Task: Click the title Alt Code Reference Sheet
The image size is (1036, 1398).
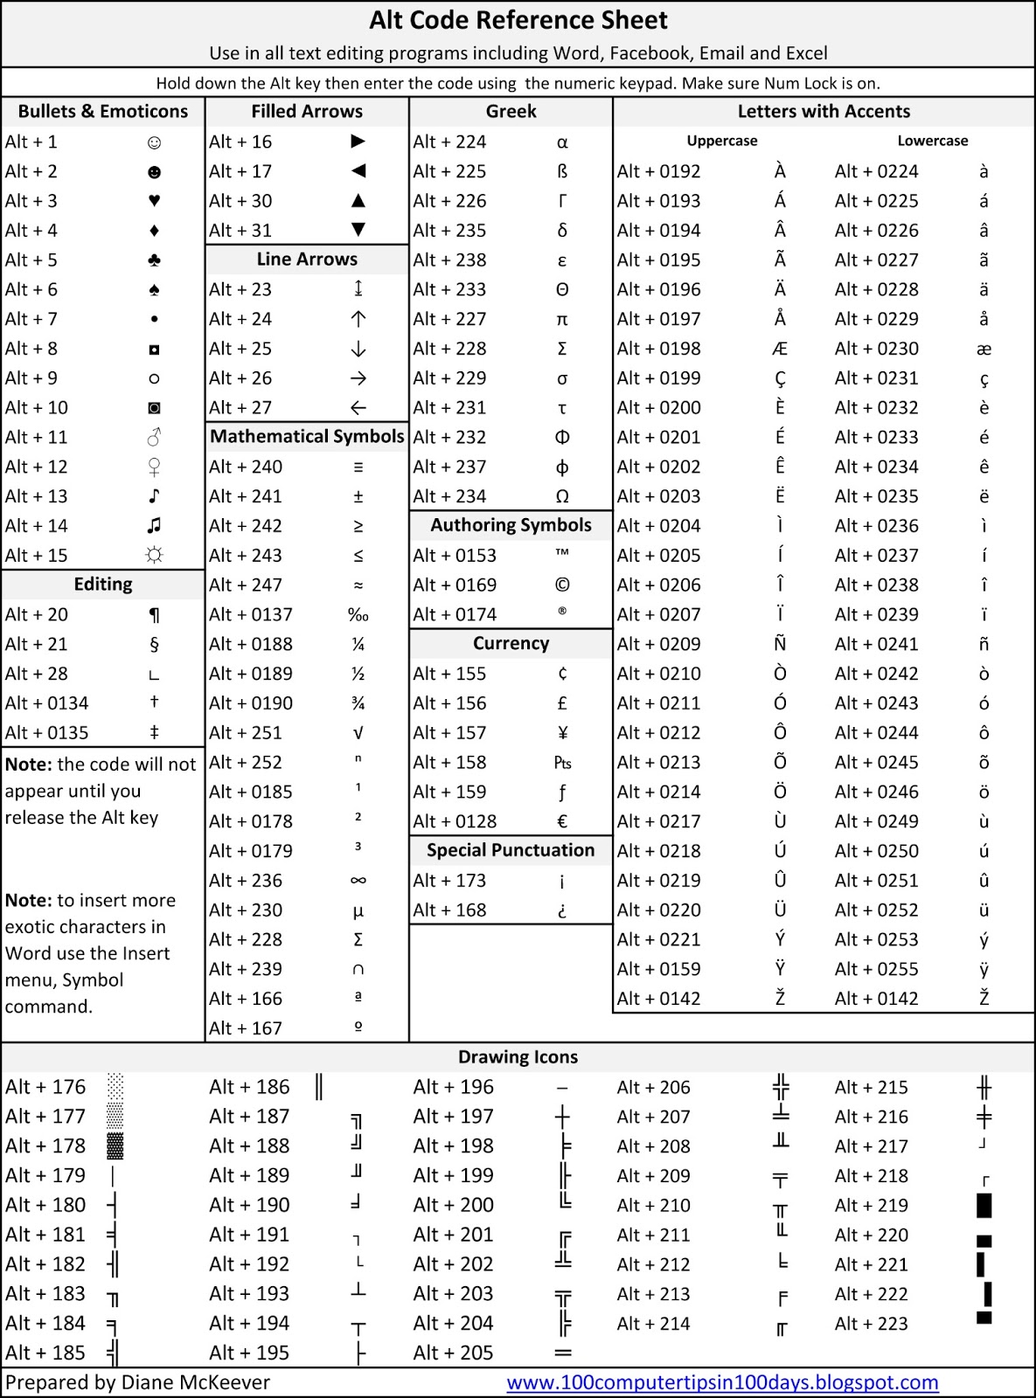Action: (x=518, y=20)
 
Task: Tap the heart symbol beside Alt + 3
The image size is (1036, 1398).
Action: (x=154, y=201)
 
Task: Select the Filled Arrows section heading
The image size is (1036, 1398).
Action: (x=307, y=111)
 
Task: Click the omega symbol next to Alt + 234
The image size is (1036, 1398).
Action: (x=562, y=496)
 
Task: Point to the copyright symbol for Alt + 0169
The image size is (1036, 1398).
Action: (x=562, y=585)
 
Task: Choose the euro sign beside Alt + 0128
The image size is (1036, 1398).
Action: (x=562, y=821)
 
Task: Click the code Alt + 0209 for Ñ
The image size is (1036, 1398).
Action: (x=658, y=644)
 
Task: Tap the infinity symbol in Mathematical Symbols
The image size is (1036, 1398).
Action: (x=358, y=881)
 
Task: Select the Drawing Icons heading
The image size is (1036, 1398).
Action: (x=518, y=1056)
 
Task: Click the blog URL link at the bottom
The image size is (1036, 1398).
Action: (x=722, y=1382)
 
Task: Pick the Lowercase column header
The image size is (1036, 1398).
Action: (x=933, y=141)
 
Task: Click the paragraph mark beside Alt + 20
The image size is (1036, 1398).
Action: (x=154, y=615)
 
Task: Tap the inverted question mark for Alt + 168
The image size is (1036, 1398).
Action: (x=562, y=910)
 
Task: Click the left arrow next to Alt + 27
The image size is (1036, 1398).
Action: (x=358, y=408)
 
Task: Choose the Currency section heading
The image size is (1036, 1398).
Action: (x=511, y=643)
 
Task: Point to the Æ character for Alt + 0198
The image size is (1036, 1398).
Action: (x=780, y=349)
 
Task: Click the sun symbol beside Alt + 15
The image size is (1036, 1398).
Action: (x=154, y=556)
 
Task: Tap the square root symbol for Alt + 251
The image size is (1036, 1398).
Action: (x=358, y=733)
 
